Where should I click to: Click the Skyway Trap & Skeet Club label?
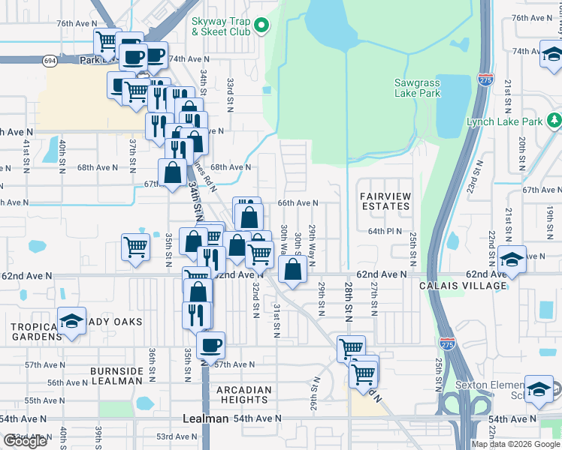coord(220,28)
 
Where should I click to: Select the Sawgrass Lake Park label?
coord(417,88)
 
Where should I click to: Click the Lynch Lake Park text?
coord(504,121)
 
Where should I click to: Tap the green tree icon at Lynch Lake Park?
coord(554,120)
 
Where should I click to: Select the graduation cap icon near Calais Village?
coord(512,259)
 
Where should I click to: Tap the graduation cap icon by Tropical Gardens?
coord(71,321)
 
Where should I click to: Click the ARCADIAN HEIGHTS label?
coord(244,394)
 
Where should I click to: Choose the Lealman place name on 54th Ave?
coord(206,418)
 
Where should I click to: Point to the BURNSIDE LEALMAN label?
coord(116,376)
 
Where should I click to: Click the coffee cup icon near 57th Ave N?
coord(210,346)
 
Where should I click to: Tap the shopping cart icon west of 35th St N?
coord(135,246)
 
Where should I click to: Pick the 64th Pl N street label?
coord(385,232)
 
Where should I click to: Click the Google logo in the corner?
coord(25,441)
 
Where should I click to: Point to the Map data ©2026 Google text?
coord(516,444)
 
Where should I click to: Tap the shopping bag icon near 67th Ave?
coord(173,172)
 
